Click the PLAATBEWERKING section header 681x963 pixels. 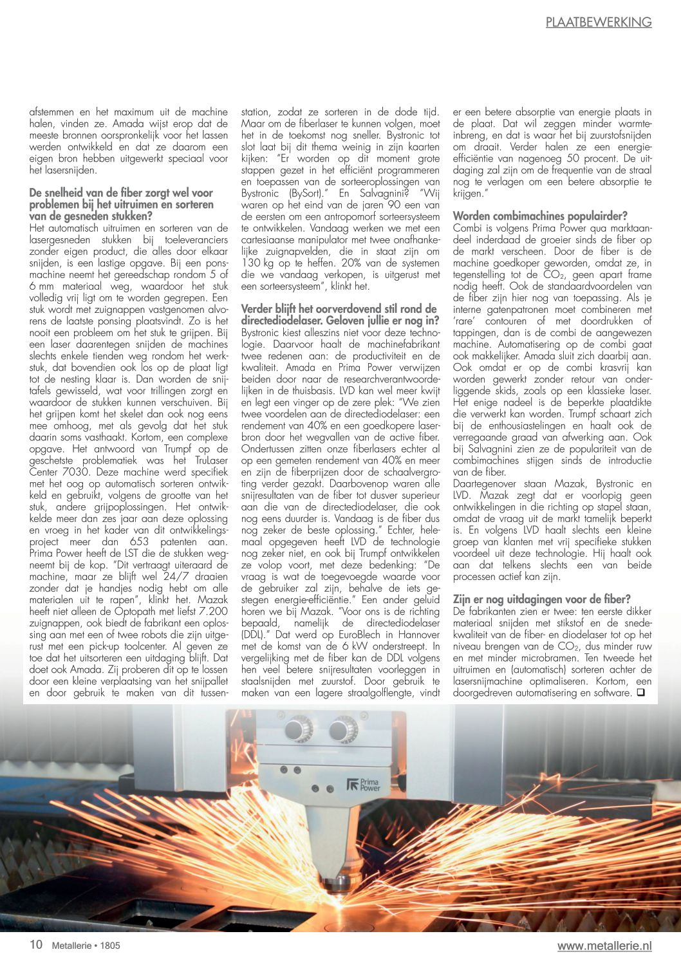point(599,23)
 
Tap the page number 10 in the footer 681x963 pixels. point(36,944)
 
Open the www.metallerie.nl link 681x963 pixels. point(604,946)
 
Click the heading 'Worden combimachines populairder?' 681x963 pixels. point(540,216)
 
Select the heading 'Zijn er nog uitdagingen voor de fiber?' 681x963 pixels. point(542,599)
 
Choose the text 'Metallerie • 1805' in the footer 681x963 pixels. point(86,946)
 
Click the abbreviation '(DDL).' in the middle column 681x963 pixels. point(256,634)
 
